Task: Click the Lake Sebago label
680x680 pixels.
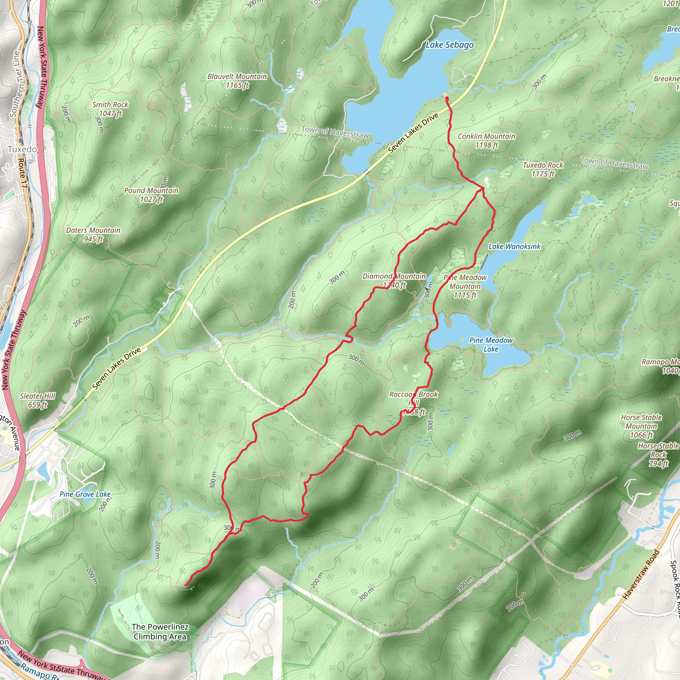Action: click(x=450, y=45)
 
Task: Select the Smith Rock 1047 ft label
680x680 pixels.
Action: click(x=110, y=109)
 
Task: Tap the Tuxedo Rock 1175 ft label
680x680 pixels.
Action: click(x=543, y=169)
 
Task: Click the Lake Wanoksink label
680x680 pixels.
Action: click(x=514, y=246)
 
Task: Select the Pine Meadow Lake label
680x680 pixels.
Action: click(x=491, y=345)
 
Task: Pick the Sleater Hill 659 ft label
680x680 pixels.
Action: click(x=37, y=400)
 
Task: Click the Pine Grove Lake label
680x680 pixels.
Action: click(x=85, y=494)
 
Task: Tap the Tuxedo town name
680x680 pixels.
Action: click(x=22, y=150)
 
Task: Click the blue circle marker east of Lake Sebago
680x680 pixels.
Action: click(x=633, y=108)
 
